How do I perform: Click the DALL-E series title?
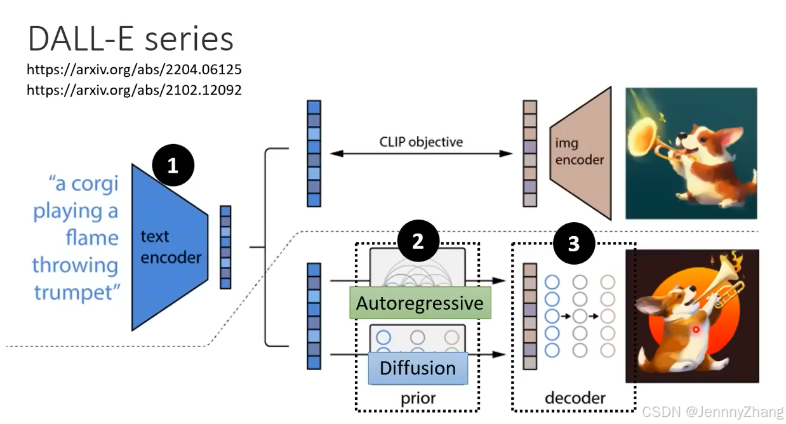point(131,39)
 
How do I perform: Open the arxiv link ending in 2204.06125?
point(134,69)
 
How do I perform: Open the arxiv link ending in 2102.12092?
point(134,90)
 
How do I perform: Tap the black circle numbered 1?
point(173,165)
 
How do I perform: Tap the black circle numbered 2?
point(418,241)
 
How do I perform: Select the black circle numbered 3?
point(574,243)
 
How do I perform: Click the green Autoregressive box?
point(420,303)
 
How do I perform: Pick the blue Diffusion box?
point(418,368)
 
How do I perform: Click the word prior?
point(418,399)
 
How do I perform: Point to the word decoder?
point(575,398)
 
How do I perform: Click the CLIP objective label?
point(421,142)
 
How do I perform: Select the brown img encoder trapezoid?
point(581,153)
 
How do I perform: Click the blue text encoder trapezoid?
point(170,248)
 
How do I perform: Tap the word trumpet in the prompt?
point(77,293)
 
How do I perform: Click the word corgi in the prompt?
point(95,184)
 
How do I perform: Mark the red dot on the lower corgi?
point(696,329)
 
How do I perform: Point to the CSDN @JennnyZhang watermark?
point(712,412)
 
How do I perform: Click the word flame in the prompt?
point(92,237)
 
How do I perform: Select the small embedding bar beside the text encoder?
point(225,248)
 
